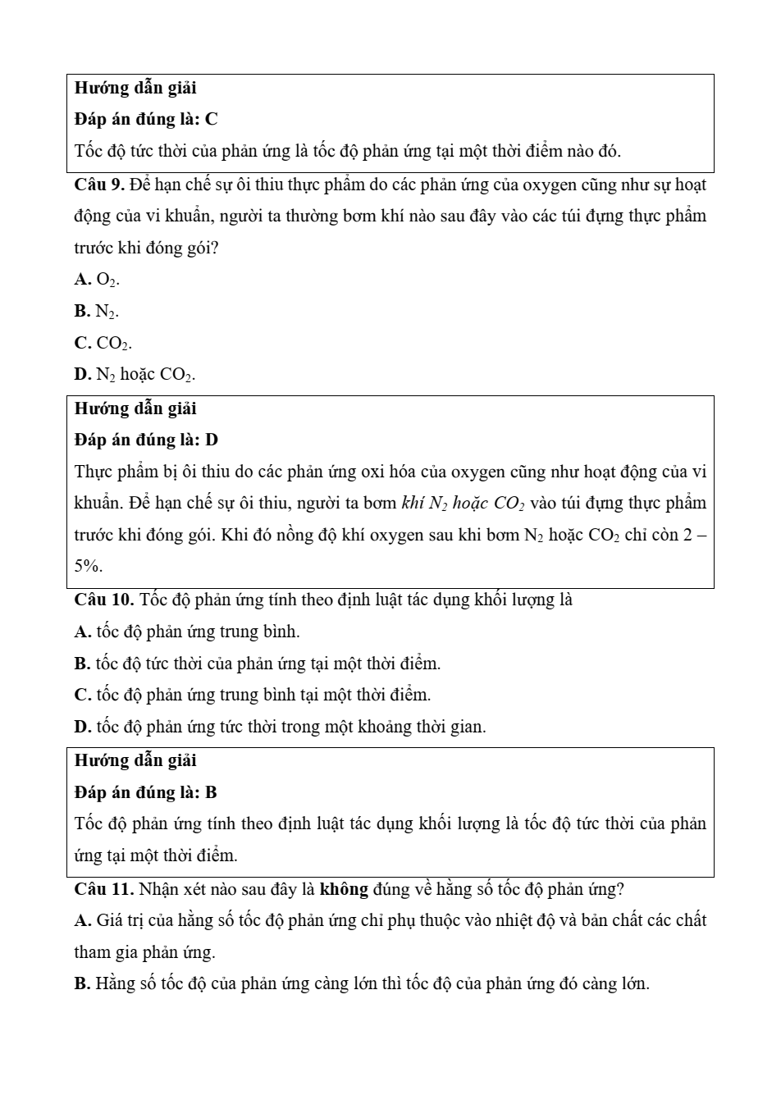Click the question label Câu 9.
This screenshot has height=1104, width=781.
click(99, 185)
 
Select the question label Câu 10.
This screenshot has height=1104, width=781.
click(103, 600)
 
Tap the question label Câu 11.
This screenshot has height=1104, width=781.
click(103, 889)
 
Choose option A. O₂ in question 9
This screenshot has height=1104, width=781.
click(97, 280)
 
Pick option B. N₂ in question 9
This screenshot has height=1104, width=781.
click(96, 312)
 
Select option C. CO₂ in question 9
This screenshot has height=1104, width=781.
click(103, 344)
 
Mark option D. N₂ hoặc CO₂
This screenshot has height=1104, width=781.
click(135, 375)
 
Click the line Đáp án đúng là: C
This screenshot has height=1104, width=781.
click(146, 120)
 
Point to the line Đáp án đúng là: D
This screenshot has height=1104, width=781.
click(146, 440)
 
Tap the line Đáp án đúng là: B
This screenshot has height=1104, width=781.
click(145, 792)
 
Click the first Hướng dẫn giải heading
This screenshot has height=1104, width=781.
click(135, 88)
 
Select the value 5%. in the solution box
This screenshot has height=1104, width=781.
click(89, 566)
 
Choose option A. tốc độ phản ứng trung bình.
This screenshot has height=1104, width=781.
click(187, 632)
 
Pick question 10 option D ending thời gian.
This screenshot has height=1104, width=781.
click(280, 727)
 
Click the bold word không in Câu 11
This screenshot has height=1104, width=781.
click(343, 889)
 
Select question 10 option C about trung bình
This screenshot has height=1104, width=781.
click(252, 696)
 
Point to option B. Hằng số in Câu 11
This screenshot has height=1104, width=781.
click(361, 984)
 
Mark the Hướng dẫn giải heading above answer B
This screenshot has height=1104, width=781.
click(135, 761)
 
